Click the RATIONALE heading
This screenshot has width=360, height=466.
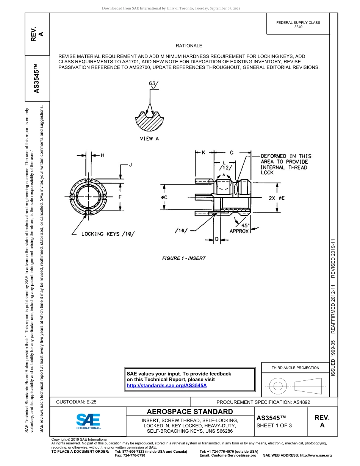(189, 46)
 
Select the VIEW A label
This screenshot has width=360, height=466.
(149, 139)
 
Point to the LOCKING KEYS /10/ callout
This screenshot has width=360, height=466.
(108, 234)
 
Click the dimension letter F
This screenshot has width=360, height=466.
(120, 197)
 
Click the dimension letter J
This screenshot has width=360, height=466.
(131, 165)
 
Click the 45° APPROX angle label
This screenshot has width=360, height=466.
(239, 228)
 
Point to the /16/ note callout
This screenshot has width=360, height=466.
(181, 230)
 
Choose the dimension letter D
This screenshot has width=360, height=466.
(216, 239)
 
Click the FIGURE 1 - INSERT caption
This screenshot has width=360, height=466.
(184, 258)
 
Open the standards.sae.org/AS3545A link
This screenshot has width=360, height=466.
(166, 385)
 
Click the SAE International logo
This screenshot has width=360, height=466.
(88, 421)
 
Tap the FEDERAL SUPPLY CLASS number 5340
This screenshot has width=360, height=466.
(298, 27)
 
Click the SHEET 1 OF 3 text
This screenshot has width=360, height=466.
(274, 425)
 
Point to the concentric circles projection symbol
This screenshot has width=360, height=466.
(279, 386)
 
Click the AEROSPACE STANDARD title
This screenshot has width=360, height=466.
(190, 411)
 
